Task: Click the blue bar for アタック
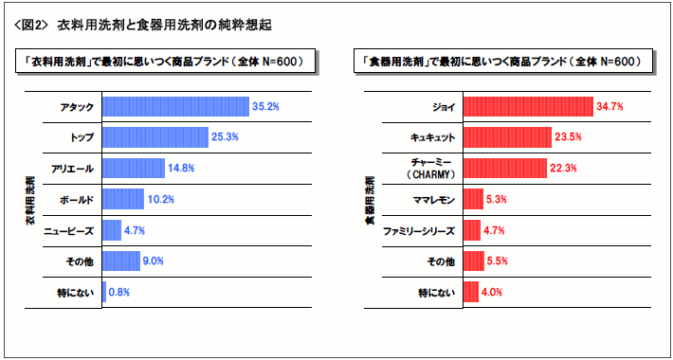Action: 174,107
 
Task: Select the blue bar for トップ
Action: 155,137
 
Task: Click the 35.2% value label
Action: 265,107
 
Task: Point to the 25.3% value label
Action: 225,137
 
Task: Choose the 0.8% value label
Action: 119,292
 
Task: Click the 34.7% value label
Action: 609,107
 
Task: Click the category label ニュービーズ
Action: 69,230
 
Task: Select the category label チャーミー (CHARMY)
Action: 432,169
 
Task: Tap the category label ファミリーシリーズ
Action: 419,230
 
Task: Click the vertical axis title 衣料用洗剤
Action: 31,199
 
